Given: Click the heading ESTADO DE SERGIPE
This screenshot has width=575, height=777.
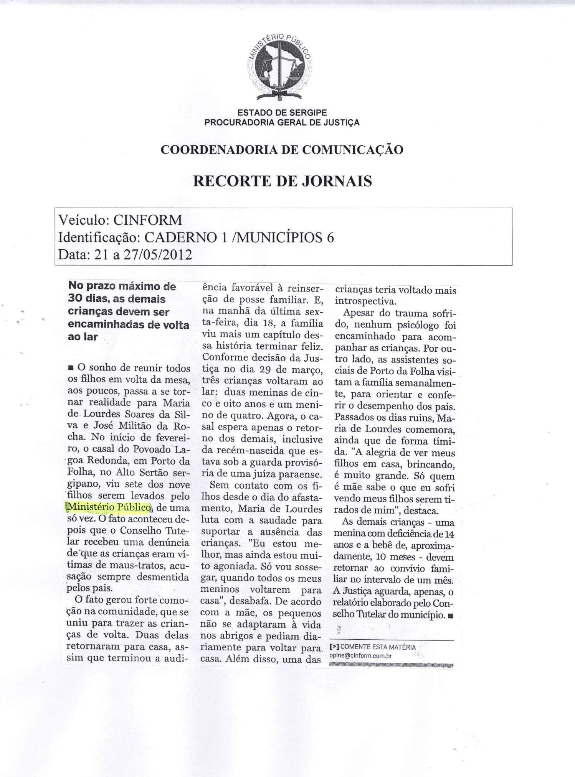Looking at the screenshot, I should [x=282, y=113].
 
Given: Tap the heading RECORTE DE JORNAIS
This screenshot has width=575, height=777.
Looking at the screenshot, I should [x=282, y=180].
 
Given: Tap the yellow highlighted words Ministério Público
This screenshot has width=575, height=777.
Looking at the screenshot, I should [x=109, y=507].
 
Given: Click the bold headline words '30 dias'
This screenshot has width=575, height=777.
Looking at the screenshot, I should [x=88, y=299].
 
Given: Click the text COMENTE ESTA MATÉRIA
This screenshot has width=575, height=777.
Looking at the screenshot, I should [x=378, y=647].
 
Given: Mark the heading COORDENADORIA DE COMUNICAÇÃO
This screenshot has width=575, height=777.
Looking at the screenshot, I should [x=282, y=150].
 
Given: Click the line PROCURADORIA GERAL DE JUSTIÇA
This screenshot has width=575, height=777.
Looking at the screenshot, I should [x=282, y=123].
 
